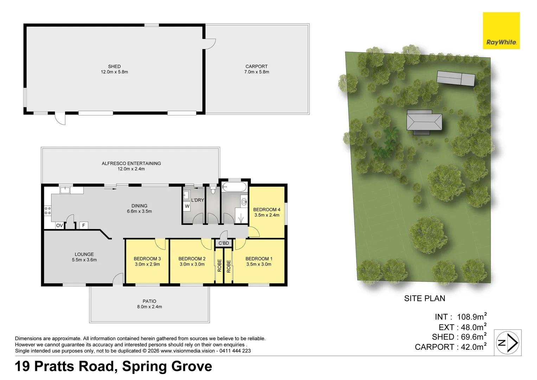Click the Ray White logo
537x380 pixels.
click(x=501, y=31)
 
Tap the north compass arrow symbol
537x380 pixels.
click(x=507, y=343)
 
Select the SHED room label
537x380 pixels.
click(x=114, y=66)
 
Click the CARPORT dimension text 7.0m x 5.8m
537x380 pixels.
click(x=256, y=72)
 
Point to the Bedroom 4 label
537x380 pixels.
click(x=267, y=210)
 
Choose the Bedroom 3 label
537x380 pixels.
click(x=147, y=259)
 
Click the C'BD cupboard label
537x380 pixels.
click(x=224, y=243)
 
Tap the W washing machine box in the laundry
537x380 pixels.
click(x=187, y=206)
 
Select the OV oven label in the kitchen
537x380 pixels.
click(x=59, y=226)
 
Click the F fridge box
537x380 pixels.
click(x=84, y=225)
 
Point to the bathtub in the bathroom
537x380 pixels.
click(x=234, y=187)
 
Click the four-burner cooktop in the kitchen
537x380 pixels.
click(x=47, y=211)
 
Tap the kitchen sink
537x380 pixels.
click(x=65, y=190)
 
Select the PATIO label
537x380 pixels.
click(x=149, y=301)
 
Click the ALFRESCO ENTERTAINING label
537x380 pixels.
click(x=131, y=164)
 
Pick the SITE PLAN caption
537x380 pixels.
click(x=424, y=298)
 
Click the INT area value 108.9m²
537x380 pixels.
click(x=472, y=317)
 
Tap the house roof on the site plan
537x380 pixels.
click(x=424, y=122)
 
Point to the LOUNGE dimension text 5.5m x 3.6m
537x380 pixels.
click(x=84, y=260)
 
